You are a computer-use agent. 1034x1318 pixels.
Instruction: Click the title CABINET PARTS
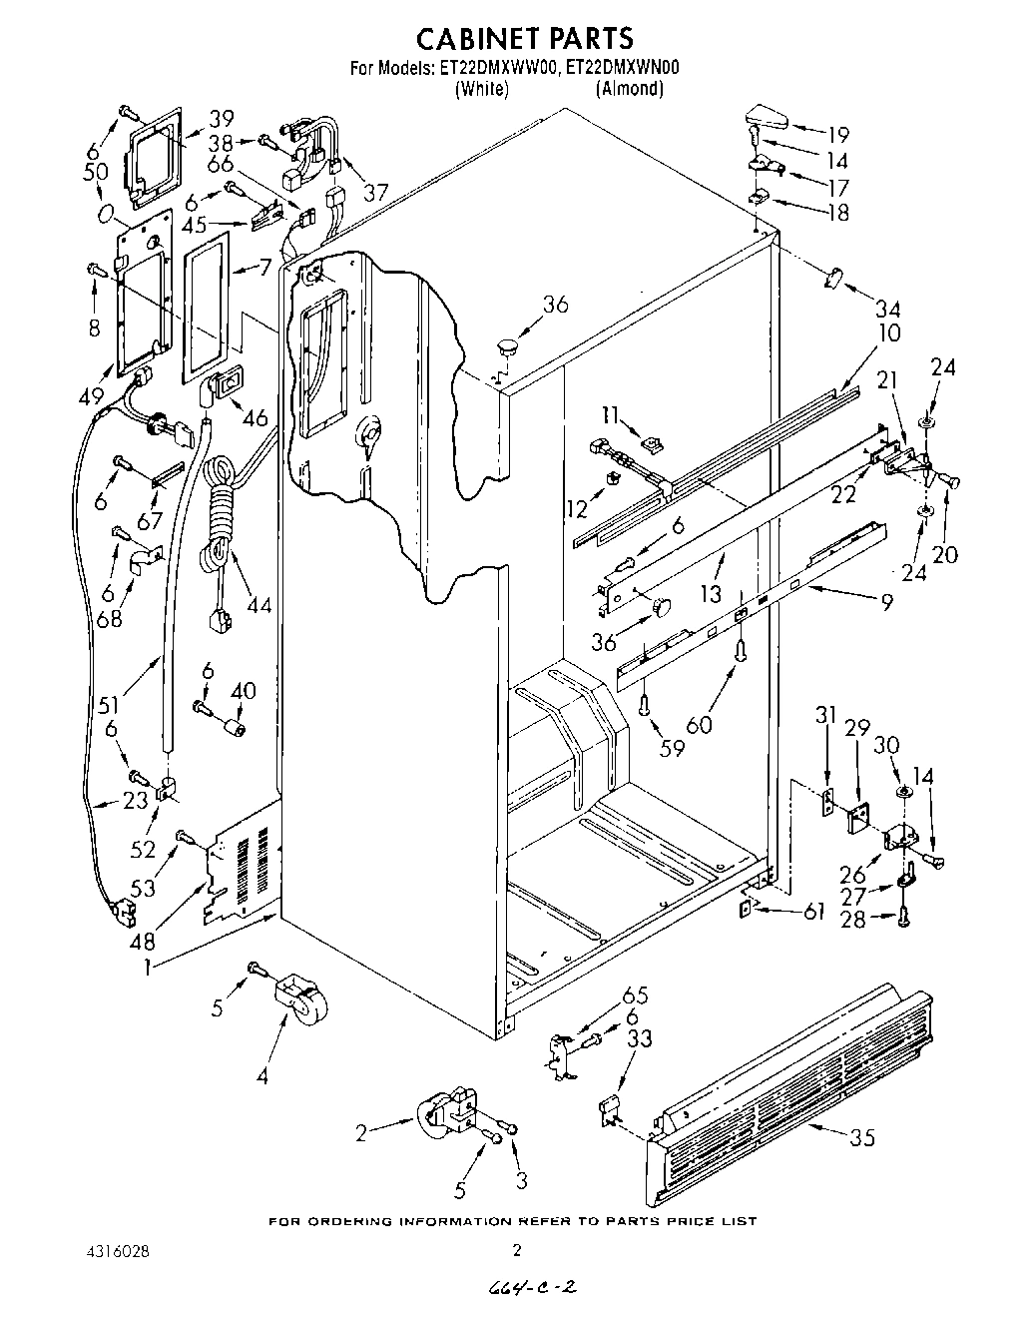524,37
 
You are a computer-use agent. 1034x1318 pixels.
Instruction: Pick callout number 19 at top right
837,134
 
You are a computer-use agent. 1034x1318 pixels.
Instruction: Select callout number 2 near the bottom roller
365,1131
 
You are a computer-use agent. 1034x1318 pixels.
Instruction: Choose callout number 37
375,191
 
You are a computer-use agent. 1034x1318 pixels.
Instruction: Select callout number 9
857,601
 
